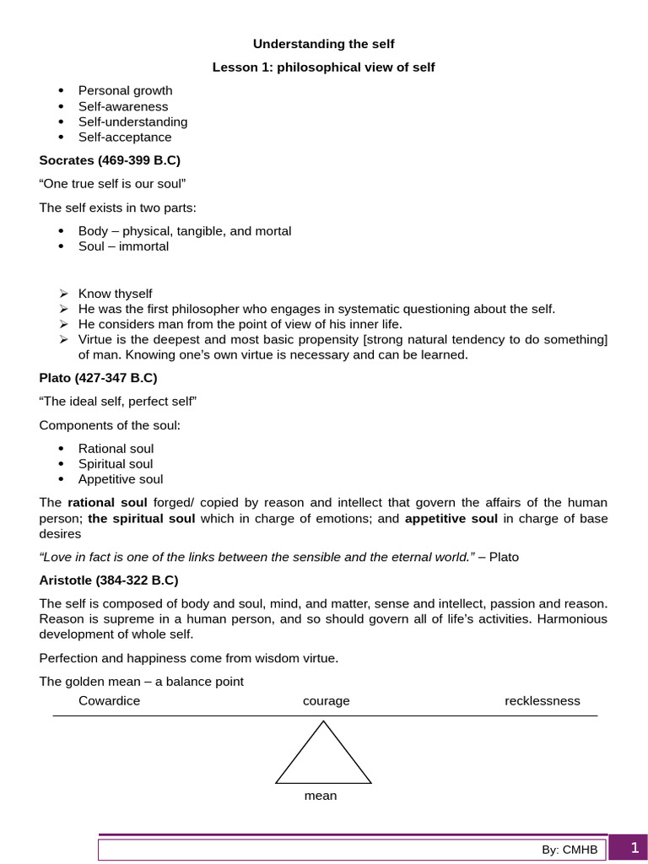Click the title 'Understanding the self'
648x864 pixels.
(x=324, y=44)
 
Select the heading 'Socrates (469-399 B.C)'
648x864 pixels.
(x=110, y=159)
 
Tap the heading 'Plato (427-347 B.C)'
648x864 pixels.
(x=98, y=377)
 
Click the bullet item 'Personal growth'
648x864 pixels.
(x=125, y=90)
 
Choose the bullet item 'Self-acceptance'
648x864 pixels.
(x=125, y=137)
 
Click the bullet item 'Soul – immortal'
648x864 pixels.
(x=123, y=246)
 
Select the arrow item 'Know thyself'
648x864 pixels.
(x=115, y=294)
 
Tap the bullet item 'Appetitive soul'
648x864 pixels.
(x=121, y=479)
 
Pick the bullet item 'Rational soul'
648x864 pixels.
(x=116, y=449)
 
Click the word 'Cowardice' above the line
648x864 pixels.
(x=109, y=701)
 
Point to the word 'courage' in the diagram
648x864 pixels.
(x=326, y=701)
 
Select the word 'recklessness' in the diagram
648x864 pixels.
(x=543, y=701)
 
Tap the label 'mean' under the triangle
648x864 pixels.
(x=321, y=796)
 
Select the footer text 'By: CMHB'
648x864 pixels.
(x=570, y=850)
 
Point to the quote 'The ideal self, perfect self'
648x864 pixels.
(x=118, y=401)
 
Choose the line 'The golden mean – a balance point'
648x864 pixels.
(x=141, y=681)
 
